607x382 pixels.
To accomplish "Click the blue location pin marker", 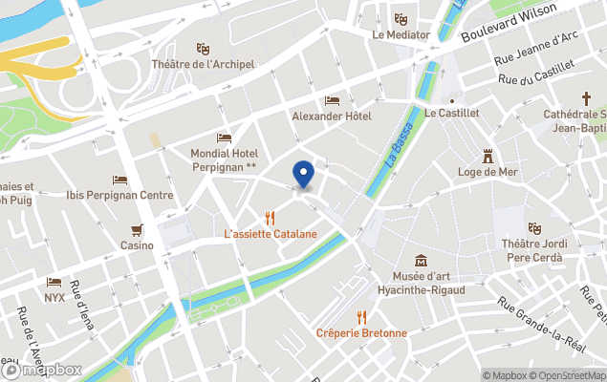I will coord(303,175).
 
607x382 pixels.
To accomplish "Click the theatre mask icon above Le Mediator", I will coord(401,18).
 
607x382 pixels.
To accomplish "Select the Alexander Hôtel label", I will coord(332,117).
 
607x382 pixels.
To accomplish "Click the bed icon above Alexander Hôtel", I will coord(332,100).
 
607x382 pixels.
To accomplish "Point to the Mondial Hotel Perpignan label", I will coord(225,159).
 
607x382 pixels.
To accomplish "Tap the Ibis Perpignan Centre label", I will coord(119,195).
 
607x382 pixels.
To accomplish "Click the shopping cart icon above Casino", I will coord(137,229).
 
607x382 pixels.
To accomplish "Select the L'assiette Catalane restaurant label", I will coord(271,233).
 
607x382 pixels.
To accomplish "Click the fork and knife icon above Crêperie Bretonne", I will coord(361,317).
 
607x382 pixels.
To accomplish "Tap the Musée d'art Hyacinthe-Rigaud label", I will coord(422,283).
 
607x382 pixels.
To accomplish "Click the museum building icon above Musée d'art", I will coord(422,261).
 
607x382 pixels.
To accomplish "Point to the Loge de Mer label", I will coord(488,172).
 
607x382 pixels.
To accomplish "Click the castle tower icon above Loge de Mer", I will coord(488,155).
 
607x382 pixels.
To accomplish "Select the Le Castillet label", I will coord(451,113).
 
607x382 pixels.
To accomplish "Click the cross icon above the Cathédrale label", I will coord(588,98).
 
